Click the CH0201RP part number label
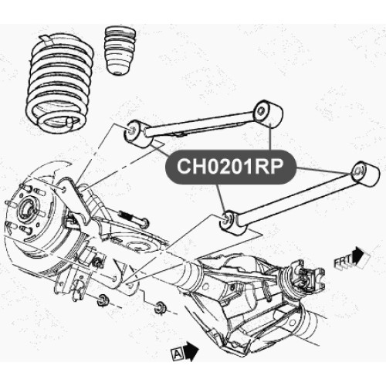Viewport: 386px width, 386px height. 230,167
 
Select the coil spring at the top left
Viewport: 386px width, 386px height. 60,83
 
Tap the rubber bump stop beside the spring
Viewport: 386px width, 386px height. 120,50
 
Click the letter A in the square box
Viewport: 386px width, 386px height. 178,354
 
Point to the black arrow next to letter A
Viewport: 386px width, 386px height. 191,351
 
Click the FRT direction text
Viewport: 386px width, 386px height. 343,262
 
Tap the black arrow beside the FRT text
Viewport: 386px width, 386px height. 358,255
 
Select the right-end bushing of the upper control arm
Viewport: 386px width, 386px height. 268,114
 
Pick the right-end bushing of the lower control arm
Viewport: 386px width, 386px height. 365,173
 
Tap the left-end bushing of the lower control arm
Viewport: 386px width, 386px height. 232,223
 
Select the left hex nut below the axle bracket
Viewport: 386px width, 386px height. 103,300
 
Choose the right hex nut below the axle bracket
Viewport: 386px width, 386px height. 160,307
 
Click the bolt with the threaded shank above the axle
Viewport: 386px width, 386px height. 134,218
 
